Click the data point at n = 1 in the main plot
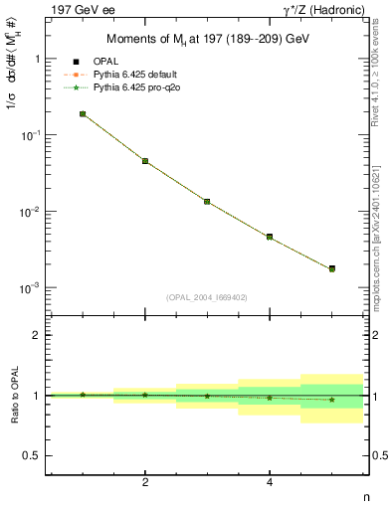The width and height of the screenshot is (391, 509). (83, 114)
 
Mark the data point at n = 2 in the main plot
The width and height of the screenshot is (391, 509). (145, 161)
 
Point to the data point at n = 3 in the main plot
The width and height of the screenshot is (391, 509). (207, 202)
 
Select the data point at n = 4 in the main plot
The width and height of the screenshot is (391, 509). (270, 237)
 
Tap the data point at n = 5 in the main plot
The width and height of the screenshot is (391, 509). (331, 268)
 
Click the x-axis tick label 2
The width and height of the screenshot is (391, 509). (145, 482)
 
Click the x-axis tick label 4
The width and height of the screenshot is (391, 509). (270, 482)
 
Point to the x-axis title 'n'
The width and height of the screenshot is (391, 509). (365, 497)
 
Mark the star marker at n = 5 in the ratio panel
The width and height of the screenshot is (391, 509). (331, 400)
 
